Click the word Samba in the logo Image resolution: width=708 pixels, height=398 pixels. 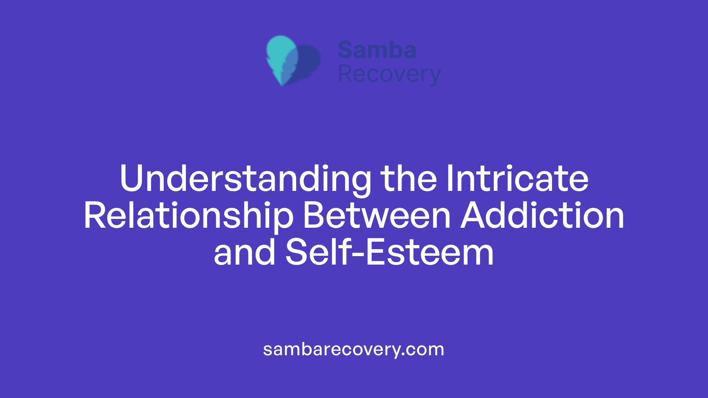[377, 50]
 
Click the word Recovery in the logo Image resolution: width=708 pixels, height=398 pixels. [389, 74]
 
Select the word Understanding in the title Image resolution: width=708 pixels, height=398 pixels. [245, 179]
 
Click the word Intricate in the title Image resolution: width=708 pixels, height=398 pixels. [517, 179]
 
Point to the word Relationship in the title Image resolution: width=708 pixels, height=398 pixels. [188, 216]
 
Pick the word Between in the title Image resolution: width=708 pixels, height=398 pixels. [376, 216]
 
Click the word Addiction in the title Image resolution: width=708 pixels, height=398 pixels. [542, 216]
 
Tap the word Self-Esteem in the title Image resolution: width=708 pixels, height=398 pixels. [389, 253]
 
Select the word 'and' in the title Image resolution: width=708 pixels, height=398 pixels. [244, 253]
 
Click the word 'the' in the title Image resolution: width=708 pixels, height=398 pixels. [409, 179]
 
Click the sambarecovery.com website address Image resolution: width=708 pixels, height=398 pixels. [354, 349]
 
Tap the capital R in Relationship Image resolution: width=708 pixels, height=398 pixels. [96, 216]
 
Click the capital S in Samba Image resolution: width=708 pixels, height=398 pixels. [346, 50]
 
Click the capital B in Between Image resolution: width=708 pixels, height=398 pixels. [313, 216]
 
